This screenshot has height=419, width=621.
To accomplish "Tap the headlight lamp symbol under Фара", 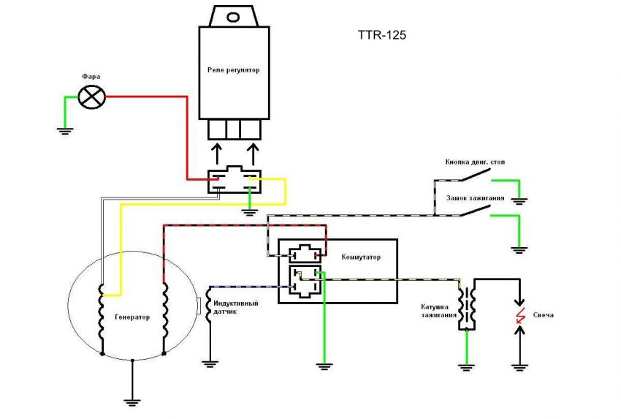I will pyautogui.click(x=92, y=95).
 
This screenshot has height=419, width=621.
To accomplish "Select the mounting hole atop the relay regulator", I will pyautogui.click(x=233, y=16).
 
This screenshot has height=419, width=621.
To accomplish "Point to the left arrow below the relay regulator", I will pyautogui.click(x=216, y=154).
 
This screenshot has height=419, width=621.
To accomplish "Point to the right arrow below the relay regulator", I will pyautogui.click(x=254, y=154).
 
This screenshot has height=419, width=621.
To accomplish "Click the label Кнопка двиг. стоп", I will pyautogui.click(x=480, y=162).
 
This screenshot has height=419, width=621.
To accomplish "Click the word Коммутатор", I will pyautogui.click(x=361, y=257).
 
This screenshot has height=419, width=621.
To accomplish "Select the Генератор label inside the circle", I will pyautogui.click(x=132, y=317).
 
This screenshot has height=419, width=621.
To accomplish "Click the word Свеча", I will pyautogui.click(x=544, y=314).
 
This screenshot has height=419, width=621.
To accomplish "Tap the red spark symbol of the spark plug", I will pyautogui.click(x=520, y=316).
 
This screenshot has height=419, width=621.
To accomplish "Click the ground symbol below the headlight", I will pyautogui.click(x=65, y=130).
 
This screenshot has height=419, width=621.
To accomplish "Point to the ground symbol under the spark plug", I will pyautogui.click(x=520, y=363).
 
